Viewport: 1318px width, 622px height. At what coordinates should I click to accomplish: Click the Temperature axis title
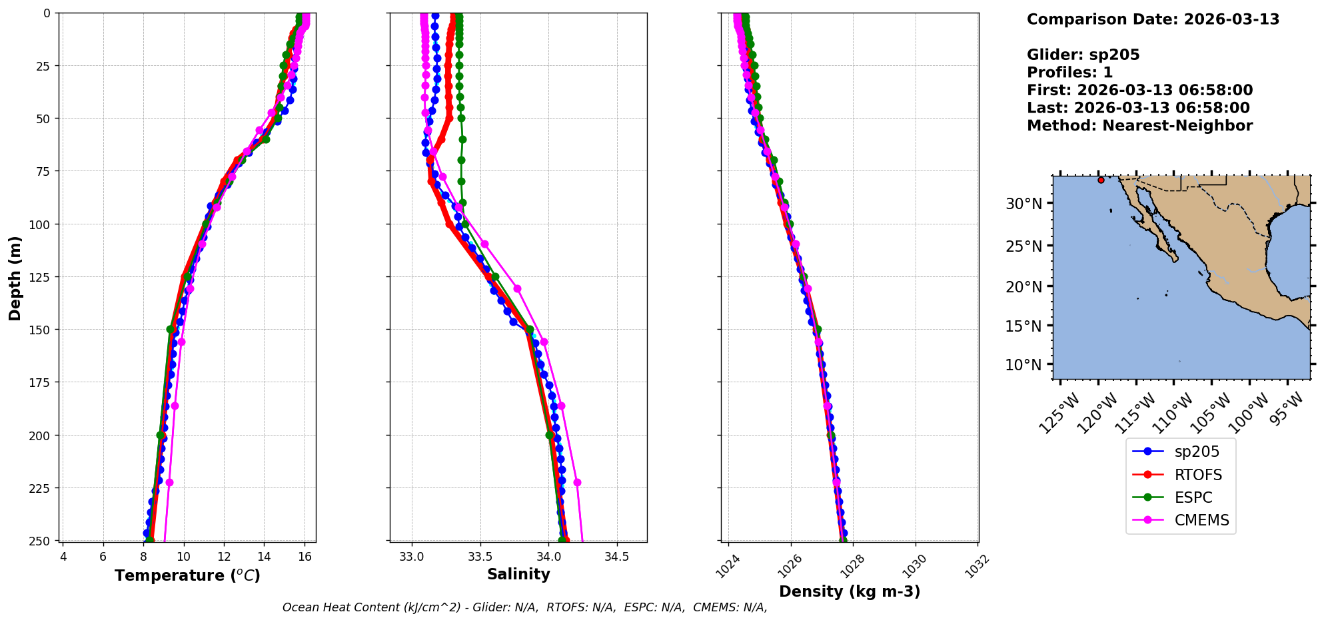coord(187,575)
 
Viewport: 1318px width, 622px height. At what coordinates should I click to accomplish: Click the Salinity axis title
coord(518,574)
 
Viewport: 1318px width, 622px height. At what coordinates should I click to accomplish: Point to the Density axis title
coord(850,591)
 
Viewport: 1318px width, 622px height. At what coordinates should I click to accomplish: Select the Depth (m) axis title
coord(15,278)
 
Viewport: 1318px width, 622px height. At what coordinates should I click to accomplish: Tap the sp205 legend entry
coord(1196,452)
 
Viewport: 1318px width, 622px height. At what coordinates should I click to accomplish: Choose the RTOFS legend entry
coord(1197,475)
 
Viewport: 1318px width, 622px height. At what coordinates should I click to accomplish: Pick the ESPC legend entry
coord(1193,497)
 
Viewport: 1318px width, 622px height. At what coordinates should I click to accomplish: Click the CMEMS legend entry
coord(1201,520)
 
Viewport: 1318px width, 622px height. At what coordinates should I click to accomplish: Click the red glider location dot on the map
coord(1101,180)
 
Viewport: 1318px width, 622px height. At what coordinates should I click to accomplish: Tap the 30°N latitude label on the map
coord(1023,204)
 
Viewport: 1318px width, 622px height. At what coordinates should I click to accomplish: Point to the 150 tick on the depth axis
coord(40,330)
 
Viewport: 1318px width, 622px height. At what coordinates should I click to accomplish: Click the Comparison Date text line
coord(1153,19)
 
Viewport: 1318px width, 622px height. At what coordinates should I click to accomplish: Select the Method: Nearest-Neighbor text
coord(1139,125)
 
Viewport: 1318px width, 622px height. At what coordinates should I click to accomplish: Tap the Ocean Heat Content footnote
coord(524,607)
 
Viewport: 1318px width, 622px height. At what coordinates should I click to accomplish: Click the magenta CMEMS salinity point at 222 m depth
coord(577,482)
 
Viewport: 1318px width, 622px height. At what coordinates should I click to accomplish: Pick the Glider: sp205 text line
coord(1083,55)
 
